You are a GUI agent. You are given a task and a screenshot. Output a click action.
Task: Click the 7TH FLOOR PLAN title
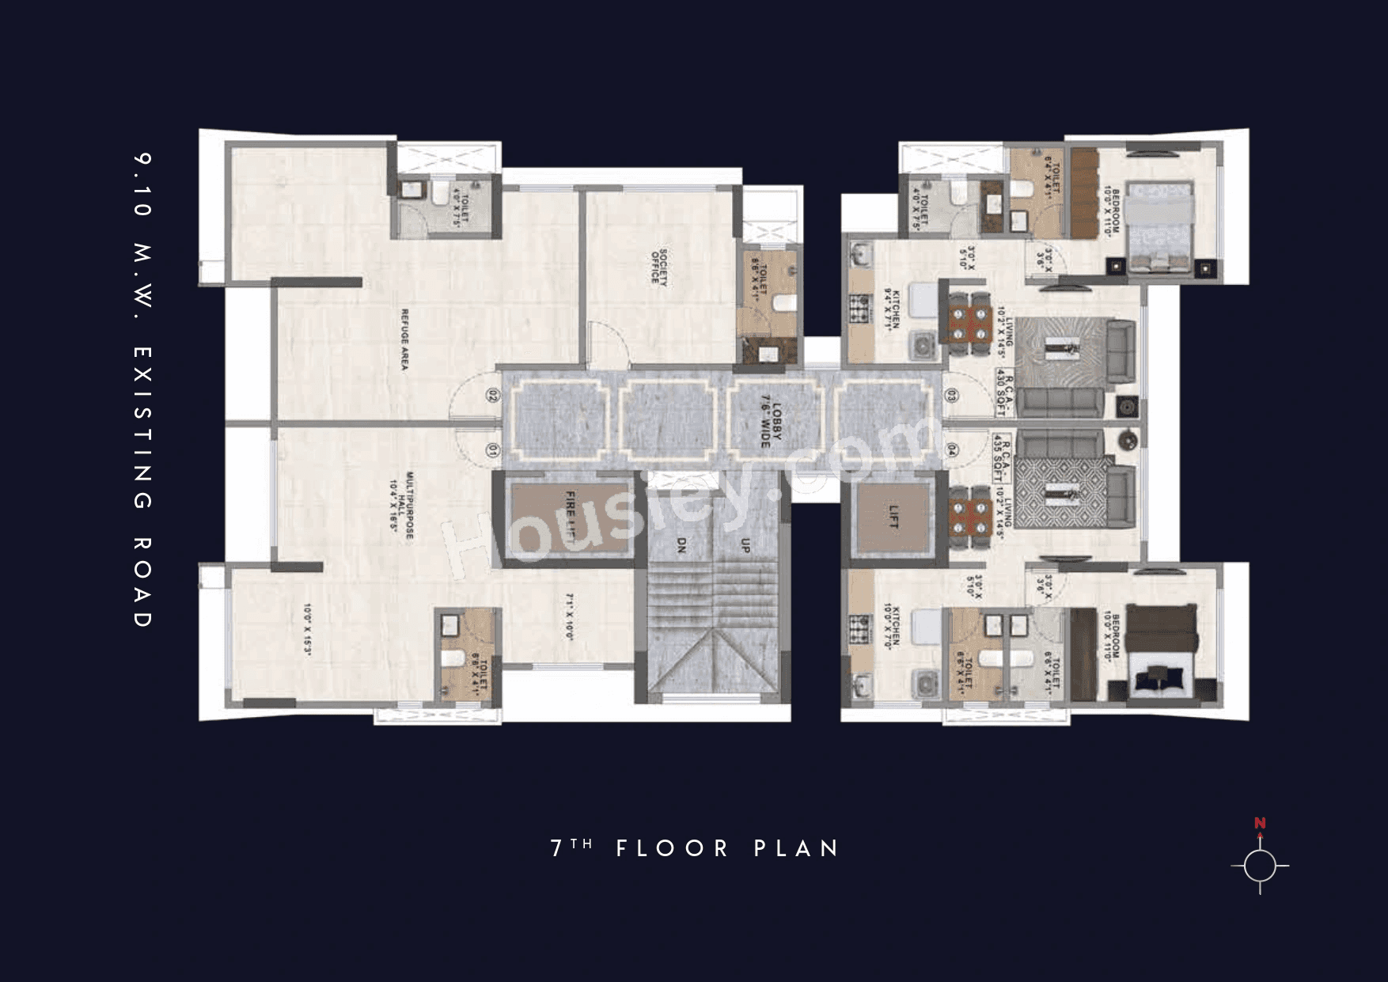695,848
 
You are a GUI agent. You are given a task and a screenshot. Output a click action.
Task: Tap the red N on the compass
1260,824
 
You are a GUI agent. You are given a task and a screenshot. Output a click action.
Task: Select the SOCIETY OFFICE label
659,266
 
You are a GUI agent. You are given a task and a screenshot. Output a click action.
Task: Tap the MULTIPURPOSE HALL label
402,506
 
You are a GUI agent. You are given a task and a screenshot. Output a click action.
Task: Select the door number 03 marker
951,395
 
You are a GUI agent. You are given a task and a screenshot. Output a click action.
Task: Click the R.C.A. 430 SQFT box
1003,392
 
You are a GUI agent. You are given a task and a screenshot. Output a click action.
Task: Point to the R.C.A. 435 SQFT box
1002,457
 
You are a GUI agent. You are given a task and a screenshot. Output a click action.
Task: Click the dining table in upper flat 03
969,324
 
